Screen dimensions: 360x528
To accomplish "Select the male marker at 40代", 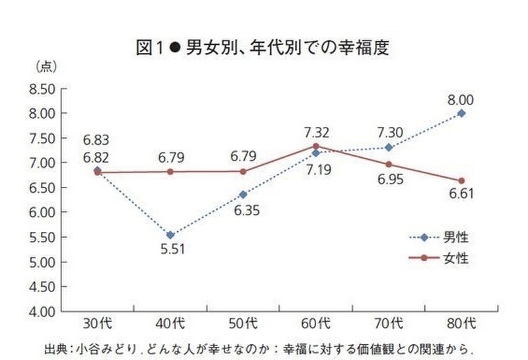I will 170,234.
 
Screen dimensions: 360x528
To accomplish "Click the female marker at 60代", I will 316,146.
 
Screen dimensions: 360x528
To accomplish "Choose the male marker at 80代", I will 461,114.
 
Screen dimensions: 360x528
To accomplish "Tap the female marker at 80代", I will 461,181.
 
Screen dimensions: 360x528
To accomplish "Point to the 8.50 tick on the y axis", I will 42,89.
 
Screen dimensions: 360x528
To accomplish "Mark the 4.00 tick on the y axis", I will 42,311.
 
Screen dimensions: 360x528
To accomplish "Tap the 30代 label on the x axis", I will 97,324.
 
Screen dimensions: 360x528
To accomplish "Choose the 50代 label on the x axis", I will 243,324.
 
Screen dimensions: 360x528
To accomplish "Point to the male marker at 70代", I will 389,147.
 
